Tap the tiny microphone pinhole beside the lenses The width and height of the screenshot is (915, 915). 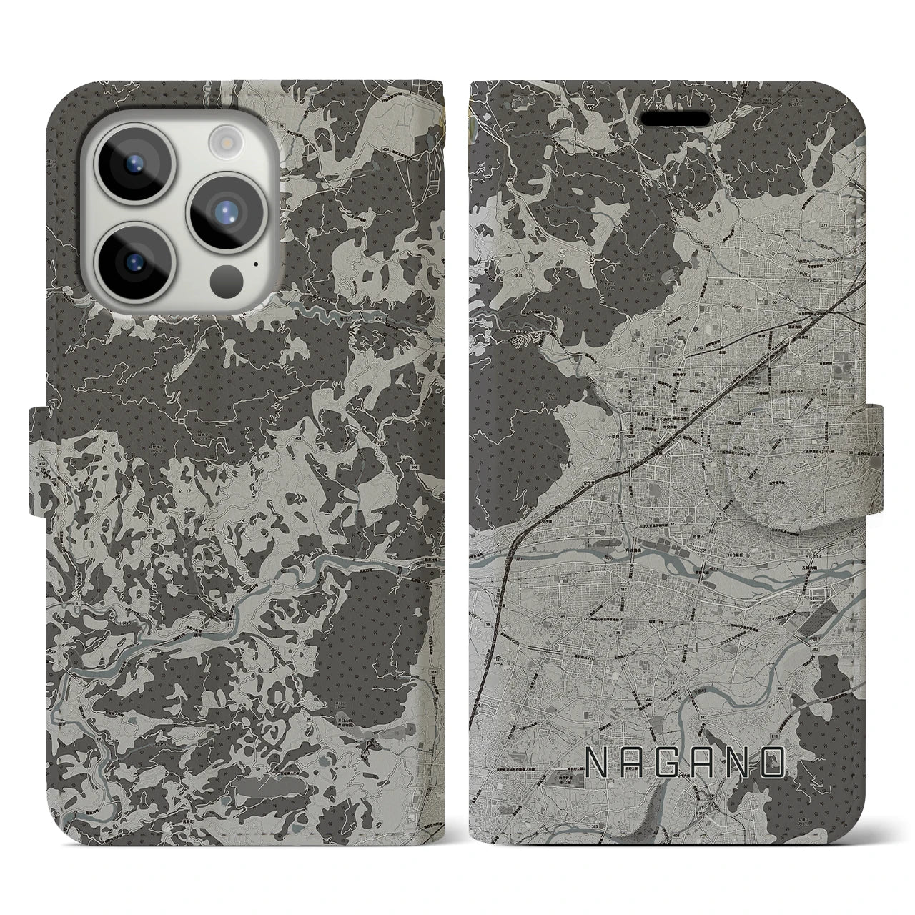[x=255, y=262]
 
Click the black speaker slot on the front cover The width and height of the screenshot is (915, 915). [x=674, y=117]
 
